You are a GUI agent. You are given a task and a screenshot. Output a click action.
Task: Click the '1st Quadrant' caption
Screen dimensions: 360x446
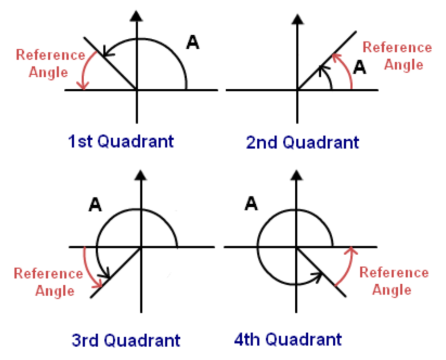pos(120,142)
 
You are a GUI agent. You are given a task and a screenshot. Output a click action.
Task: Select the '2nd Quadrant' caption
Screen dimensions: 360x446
pos(302,143)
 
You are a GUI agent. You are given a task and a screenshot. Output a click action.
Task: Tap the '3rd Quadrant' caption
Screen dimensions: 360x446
pos(126,340)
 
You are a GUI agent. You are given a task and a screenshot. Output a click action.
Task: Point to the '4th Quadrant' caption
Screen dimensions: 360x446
pos(288,340)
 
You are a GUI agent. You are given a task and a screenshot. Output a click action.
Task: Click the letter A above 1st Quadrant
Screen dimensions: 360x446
pos(192,43)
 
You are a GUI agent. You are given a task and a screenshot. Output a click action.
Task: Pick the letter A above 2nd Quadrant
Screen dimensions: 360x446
pos(359,68)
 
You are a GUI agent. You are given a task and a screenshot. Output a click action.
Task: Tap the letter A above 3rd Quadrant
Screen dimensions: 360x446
pos(95,205)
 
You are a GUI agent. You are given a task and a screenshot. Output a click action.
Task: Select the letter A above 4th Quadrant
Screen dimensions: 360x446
pos(251,204)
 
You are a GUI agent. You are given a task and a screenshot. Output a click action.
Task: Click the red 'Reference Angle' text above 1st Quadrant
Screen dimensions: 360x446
pos(50,63)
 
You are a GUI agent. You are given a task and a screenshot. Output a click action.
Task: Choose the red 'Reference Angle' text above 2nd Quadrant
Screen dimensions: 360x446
pos(397,56)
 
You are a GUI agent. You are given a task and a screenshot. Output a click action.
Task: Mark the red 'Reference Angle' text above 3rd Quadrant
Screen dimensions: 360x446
pos(48,282)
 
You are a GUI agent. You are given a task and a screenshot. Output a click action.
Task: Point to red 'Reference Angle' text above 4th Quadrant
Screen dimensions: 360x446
pos(394,281)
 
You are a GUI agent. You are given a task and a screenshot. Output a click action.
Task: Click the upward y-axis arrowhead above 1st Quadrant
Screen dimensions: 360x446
pos(137,16)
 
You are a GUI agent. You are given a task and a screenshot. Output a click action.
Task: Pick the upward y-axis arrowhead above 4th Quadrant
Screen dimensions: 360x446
pos(294,176)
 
